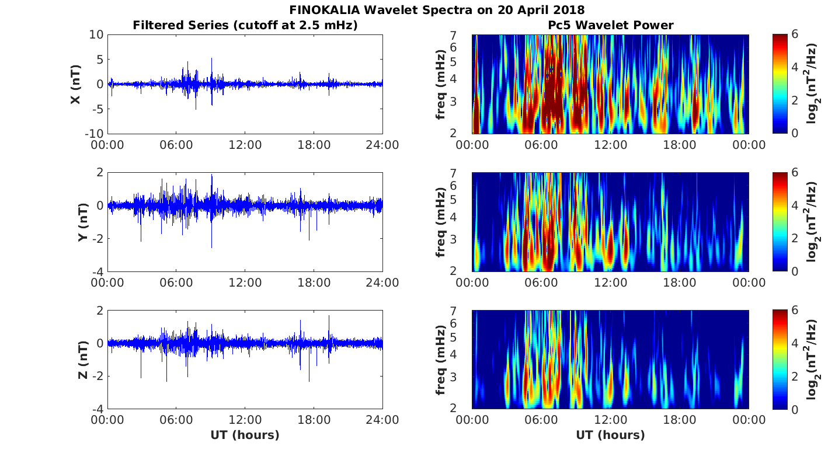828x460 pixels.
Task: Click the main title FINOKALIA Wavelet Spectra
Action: click(x=437, y=10)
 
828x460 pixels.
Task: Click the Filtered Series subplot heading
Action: click(x=245, y=25)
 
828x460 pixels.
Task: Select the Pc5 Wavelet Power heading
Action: click(x=610, y=25)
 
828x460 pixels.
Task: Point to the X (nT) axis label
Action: click(x=75, y=84)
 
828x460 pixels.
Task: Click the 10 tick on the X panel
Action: click(x=96, y=35)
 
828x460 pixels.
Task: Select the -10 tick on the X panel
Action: click(x=93, y=134)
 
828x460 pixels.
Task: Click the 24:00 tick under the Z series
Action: click(x=382, y=420)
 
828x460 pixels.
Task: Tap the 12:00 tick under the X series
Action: click(x=245, y=145)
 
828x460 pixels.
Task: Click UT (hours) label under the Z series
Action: click(x=245, y=435)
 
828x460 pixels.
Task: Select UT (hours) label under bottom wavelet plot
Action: click(x=610, y=435)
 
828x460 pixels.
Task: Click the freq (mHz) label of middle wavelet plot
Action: click(x=441, y=222)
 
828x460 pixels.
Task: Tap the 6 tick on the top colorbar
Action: click(x=798, y=35)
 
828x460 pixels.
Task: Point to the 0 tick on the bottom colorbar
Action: click(x=798, y=409)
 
